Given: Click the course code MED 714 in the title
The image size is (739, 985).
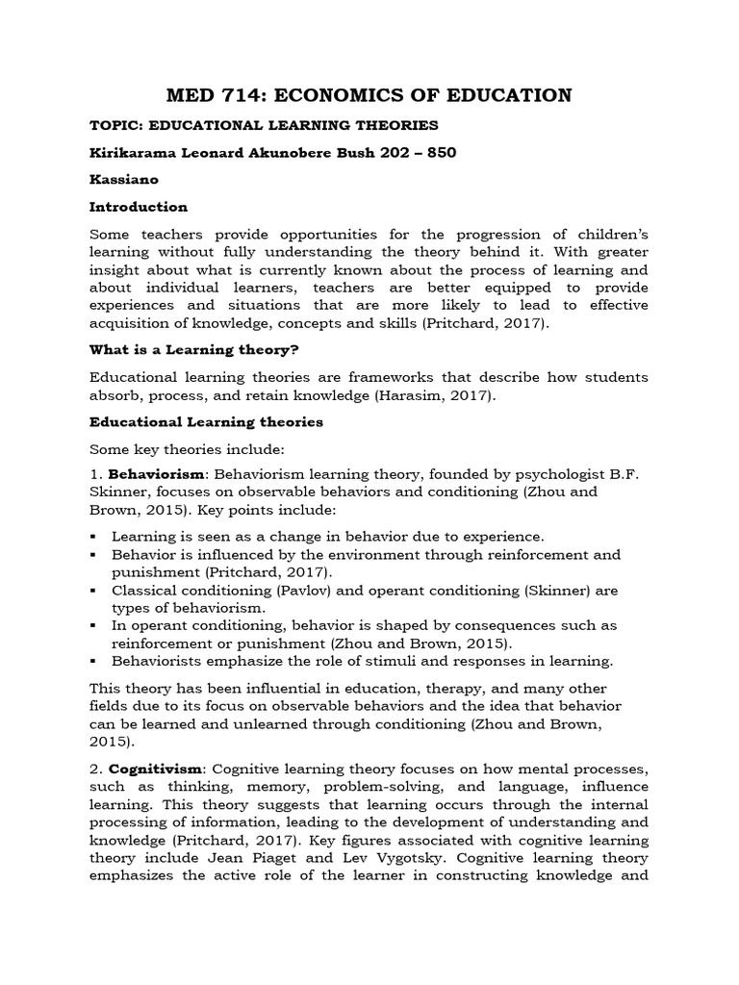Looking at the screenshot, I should tap(213, 94).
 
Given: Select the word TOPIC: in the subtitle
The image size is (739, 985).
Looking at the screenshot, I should tap(115, 125).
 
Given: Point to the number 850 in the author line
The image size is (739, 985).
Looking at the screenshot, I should tap(438, 153).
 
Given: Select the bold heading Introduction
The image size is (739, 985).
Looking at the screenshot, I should tap(138, 207).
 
